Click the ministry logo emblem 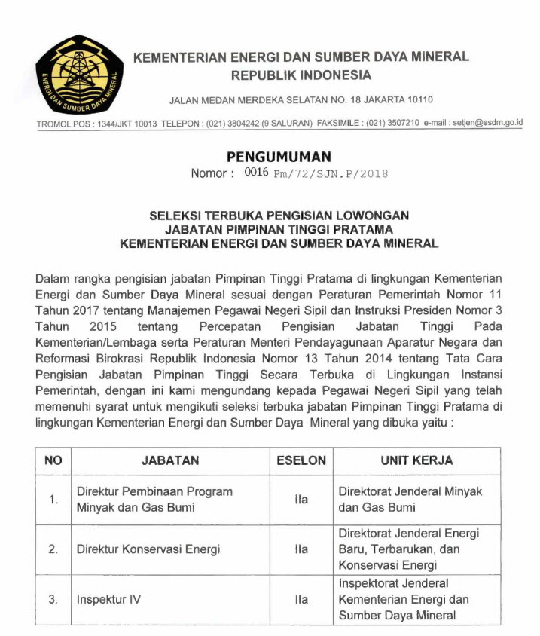pos(76,73)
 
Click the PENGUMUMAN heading pos(279,157)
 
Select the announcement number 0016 pos(257,173)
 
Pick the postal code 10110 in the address pos(418,99)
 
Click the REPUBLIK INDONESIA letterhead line pos(301,75)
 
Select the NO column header pos(53,460)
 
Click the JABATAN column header pos(170,460)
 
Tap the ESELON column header pos(301,460)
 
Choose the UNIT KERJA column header pos(416,460)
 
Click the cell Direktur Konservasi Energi pos(145,549)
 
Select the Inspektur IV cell pos(108,600)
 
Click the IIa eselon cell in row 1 pos(301,499)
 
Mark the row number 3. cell pos(53,600)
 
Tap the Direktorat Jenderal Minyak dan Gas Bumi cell pos(410,499)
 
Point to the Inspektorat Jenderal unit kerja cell pos(404,600)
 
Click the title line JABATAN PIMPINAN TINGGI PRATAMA pos(279,229)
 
